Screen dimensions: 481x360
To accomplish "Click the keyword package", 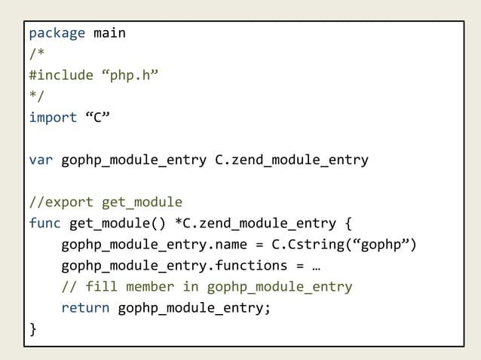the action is click(x=57, y=33).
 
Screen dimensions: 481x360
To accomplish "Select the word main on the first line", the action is click(x=109, y=33).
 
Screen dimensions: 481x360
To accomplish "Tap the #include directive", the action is click(x=60, y=75).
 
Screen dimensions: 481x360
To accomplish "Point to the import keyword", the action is click(x=53, y=117).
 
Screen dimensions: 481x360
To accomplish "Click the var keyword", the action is click(x=41, y=160).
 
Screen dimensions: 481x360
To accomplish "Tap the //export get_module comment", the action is click(x=106, y=202).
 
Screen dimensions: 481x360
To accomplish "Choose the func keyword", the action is click(x=44, y=223).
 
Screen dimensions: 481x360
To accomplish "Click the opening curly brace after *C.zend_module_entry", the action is click(x=348, y=223).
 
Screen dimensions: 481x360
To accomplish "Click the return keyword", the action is click(x=85, y=307).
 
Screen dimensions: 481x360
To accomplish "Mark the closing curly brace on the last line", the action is click(x=32, y=329).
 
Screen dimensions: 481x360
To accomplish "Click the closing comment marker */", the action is click(x=36, y=96).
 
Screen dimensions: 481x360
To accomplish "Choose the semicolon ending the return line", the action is click(x=267, y=307).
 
